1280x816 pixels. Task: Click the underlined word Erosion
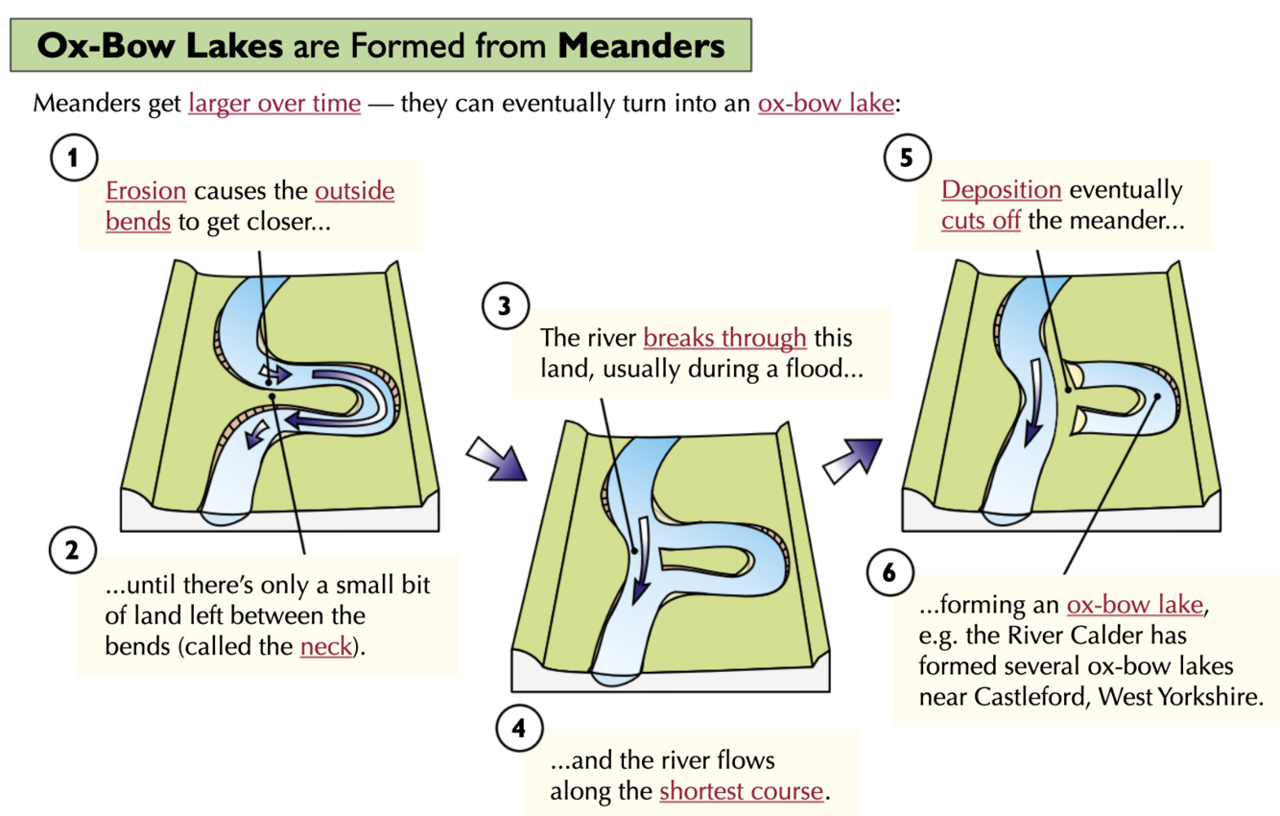146,190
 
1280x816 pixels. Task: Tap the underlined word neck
326,645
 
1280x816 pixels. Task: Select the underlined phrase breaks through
724,338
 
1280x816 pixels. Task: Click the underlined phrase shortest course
741,791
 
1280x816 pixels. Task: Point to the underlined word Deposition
1001,190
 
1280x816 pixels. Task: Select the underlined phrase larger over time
274,103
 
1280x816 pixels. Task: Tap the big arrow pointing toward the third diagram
852,456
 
